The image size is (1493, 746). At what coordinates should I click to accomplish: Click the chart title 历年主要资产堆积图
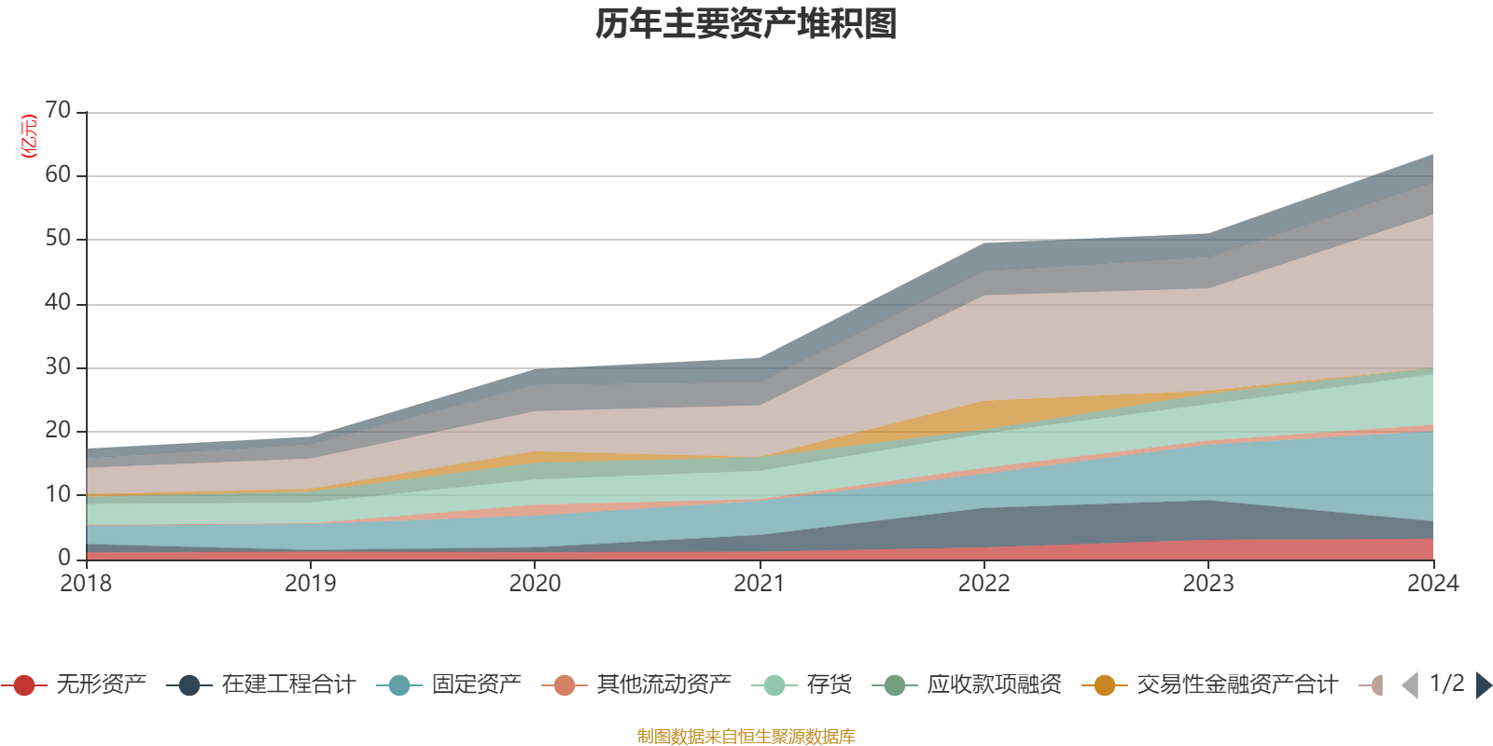(x=746, y=25)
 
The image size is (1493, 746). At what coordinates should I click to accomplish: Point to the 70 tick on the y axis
(x=58, y=111)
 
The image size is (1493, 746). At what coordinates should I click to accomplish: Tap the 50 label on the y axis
(x=58, y=239)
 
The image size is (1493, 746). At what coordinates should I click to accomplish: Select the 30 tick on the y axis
(x=58, y=366)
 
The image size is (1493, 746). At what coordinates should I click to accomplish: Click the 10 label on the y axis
(x=58, y=494)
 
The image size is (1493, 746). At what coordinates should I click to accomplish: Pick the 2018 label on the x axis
(x=86, y=584)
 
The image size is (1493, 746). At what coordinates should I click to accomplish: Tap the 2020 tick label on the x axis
(x=535, y=584)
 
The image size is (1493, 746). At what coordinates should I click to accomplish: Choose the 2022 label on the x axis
(x=984, y=584)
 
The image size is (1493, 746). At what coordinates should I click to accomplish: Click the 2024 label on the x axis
(x=1432, y=584)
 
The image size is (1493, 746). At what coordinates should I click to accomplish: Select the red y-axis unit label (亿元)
(x=29, y=136)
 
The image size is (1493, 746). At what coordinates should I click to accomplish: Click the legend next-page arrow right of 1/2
(x=1483, y=685)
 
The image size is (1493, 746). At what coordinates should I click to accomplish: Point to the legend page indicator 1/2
(x=1446, y=684)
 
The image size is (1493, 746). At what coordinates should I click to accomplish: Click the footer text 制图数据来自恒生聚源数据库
(x=746, y=737)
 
